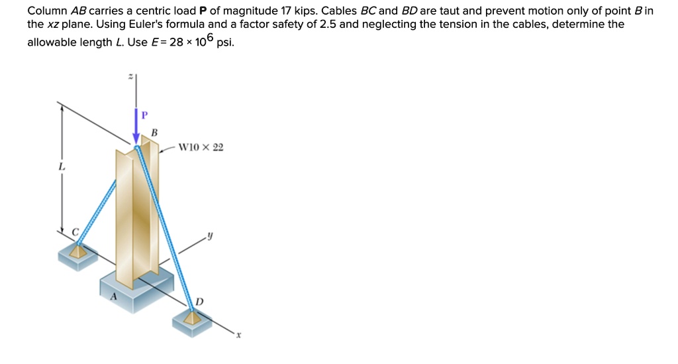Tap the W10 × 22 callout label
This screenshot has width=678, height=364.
[202, 147]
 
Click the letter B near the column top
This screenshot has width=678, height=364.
[154, 133]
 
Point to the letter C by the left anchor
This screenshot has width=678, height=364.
[75, 231]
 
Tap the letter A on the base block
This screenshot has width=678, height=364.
[113, 298]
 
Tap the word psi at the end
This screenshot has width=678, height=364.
[225, 42]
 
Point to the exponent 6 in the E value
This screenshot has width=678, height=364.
[209, 38]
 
